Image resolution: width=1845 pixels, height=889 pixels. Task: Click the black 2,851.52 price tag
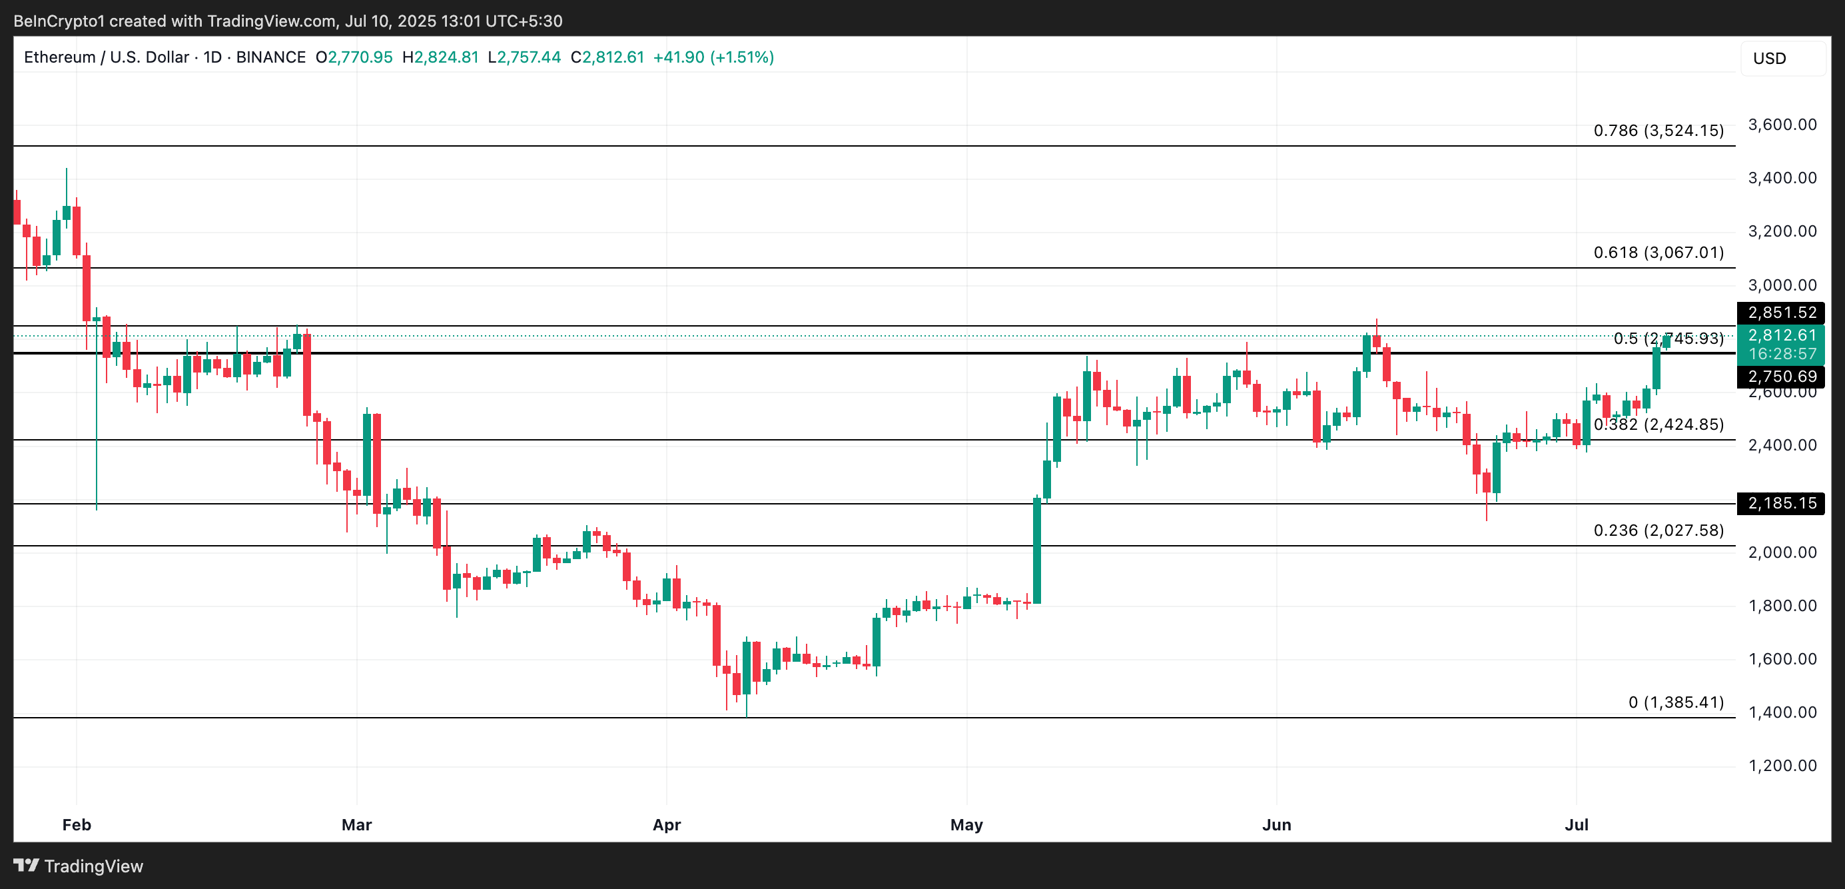[x=1780, y=313]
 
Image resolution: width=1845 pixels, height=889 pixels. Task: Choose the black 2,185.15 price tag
[x=1780, y=503]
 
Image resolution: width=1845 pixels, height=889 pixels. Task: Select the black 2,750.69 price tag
[x=1780, y=376]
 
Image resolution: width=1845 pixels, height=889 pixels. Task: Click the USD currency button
[x=1769, y=58]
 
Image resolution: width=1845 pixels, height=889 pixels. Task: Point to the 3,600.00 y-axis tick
[x=1782, y=125]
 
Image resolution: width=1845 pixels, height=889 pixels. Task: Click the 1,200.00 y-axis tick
[x=1782, y=765]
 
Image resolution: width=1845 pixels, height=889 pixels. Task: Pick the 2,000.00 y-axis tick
[x=1782, y=552]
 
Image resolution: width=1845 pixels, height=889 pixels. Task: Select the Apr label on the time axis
[x=666, y=824]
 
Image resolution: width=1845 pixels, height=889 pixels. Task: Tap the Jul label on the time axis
[x=1577, y=824]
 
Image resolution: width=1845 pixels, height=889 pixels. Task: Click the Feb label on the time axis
[x=77, y=824]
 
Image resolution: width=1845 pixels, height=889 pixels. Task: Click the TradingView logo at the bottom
[x=79, y=866]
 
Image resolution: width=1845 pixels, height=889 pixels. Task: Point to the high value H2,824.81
[x=440, y=57]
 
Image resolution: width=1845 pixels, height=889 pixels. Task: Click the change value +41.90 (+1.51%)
[x=713, y=57]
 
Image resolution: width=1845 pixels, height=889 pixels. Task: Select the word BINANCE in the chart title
[x=270, y=57]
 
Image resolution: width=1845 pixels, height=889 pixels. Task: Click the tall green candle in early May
[x=1036, y=550]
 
